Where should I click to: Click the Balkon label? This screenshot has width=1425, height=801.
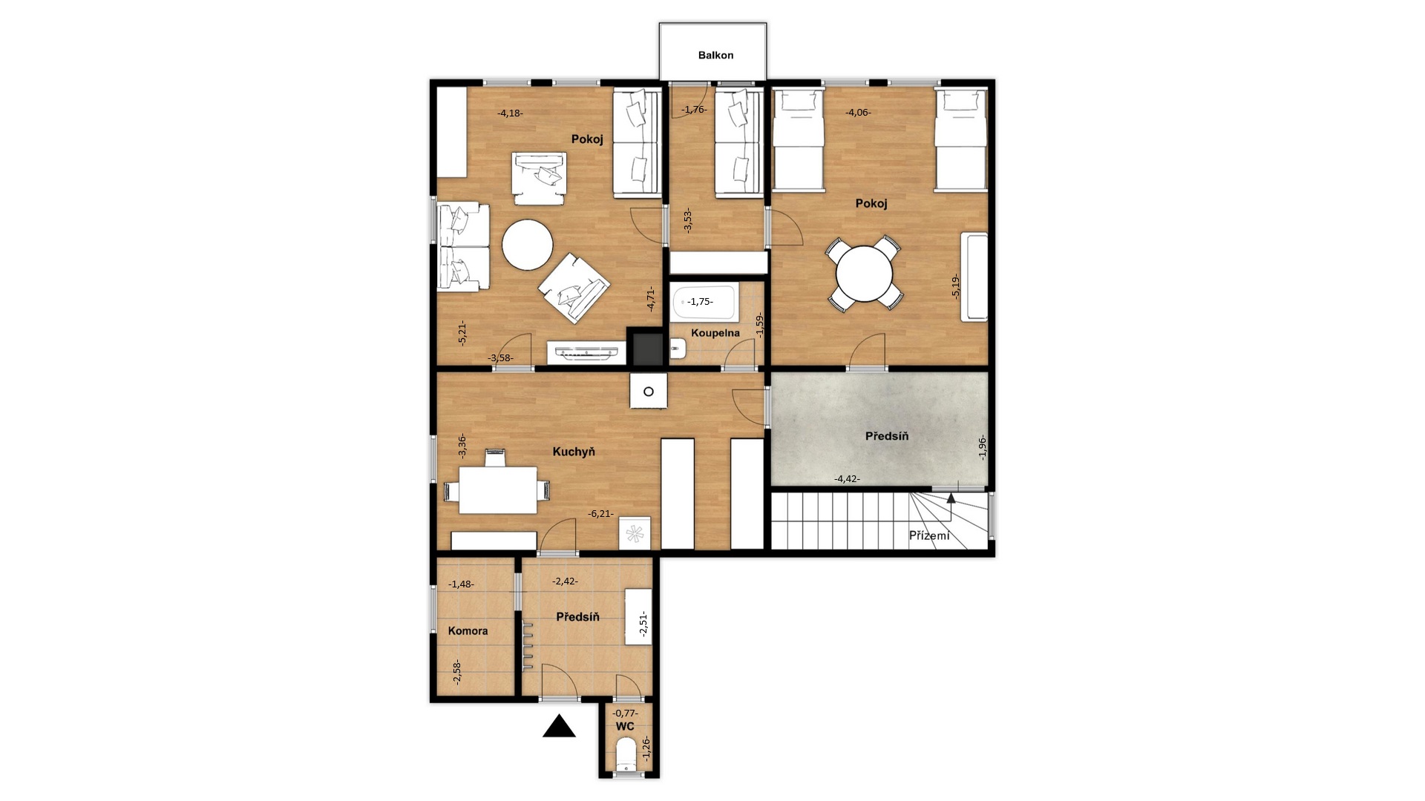(x=715, y=55)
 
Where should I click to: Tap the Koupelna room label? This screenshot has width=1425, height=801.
(x=715, y=333)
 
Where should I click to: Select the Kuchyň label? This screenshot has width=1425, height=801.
(x=574, y=451)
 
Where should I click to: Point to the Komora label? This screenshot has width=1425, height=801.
(x=468, y=630)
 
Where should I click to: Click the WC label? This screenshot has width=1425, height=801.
(x=625, y=727)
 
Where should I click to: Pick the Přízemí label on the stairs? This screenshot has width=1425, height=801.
(x=929, y=535)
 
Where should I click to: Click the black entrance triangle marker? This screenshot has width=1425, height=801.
(x=559, y=727)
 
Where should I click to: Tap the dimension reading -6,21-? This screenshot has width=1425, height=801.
(x=601, y=513)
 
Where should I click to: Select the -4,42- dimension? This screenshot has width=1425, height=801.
(x=847, y=478)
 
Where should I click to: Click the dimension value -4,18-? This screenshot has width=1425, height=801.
(x=510, y=113)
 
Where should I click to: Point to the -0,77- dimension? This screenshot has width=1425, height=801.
(x=625, y=713)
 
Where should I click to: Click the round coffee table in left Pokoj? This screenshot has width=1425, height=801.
(x=527, y=245)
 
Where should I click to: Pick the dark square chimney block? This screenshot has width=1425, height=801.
(x=646, y=346)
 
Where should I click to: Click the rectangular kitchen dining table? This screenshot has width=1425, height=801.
(x=498, y=489)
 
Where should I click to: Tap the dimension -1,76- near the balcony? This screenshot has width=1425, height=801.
(x=694, y=109)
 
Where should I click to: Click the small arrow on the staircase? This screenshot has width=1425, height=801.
(x=951, y=497)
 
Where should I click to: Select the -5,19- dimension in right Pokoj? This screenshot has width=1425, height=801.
(x=956, y=286)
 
